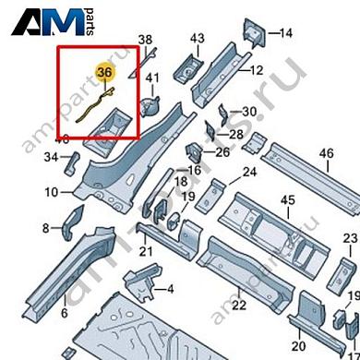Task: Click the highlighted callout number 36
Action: point(105,71)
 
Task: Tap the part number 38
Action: point(144,39)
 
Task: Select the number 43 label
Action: point(197,38)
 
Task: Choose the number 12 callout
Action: point(256,69)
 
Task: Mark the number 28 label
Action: point(235,135)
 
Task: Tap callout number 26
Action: point(222,151)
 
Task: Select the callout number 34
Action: point(50,158)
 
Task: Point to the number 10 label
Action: point(50,192)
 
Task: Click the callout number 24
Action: point(249,173)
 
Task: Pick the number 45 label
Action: point(287,200)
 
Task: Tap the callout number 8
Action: point(46,227)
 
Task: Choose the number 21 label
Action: point(145,251)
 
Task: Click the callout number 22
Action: point(238,306)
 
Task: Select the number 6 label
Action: point(64,314)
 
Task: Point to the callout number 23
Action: point(349,239)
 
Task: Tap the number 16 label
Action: point(193,171)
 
